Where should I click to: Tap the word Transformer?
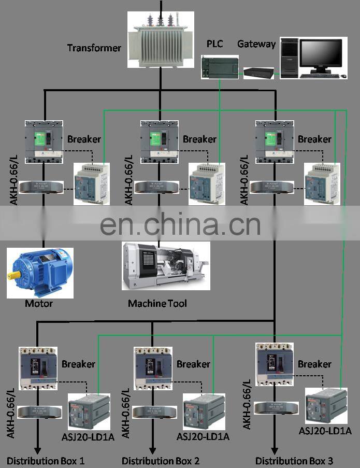point(94,48)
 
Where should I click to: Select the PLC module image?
point(220,67)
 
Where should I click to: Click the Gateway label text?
point(256,44)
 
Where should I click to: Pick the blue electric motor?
point(40,272)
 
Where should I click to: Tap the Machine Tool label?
point(157,303)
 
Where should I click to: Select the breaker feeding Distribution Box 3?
point(274,364)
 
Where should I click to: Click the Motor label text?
point(39,303)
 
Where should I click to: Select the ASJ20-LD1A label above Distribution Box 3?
point(325,431)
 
